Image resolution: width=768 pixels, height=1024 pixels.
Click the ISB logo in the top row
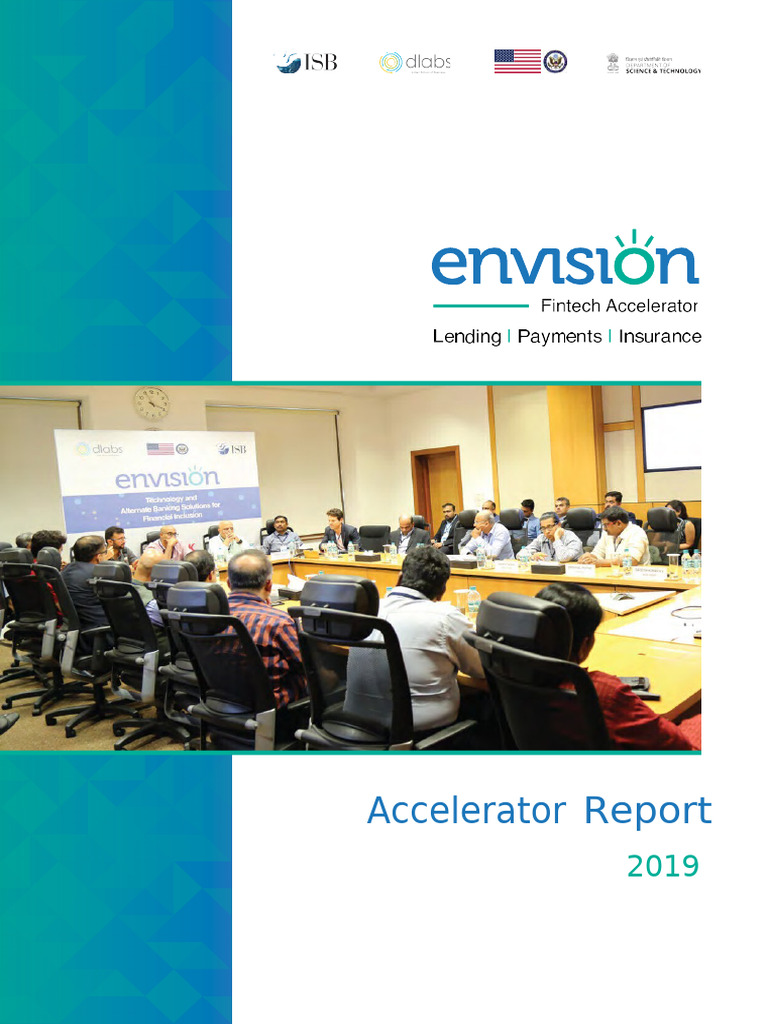pos(306,62)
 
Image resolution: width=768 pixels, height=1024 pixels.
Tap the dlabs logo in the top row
pos(414,62)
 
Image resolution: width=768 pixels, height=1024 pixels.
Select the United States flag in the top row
pos(517,61)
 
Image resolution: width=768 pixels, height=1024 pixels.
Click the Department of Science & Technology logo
pos(654,63)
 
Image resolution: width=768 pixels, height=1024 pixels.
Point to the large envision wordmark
pos(564,262)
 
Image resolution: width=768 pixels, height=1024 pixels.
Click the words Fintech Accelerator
pos(619,306)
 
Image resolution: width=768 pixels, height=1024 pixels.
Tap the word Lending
pos(467,337)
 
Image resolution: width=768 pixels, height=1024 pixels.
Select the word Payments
pos(560,337)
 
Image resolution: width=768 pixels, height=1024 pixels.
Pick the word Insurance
pos(660,337)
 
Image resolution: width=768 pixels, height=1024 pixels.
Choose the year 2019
pos(662,866)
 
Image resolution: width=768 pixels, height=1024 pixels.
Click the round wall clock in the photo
pos(151,403)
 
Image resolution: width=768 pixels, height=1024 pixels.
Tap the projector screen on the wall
pos(671,435)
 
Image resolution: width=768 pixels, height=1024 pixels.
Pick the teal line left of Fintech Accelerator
pos(480,306)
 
